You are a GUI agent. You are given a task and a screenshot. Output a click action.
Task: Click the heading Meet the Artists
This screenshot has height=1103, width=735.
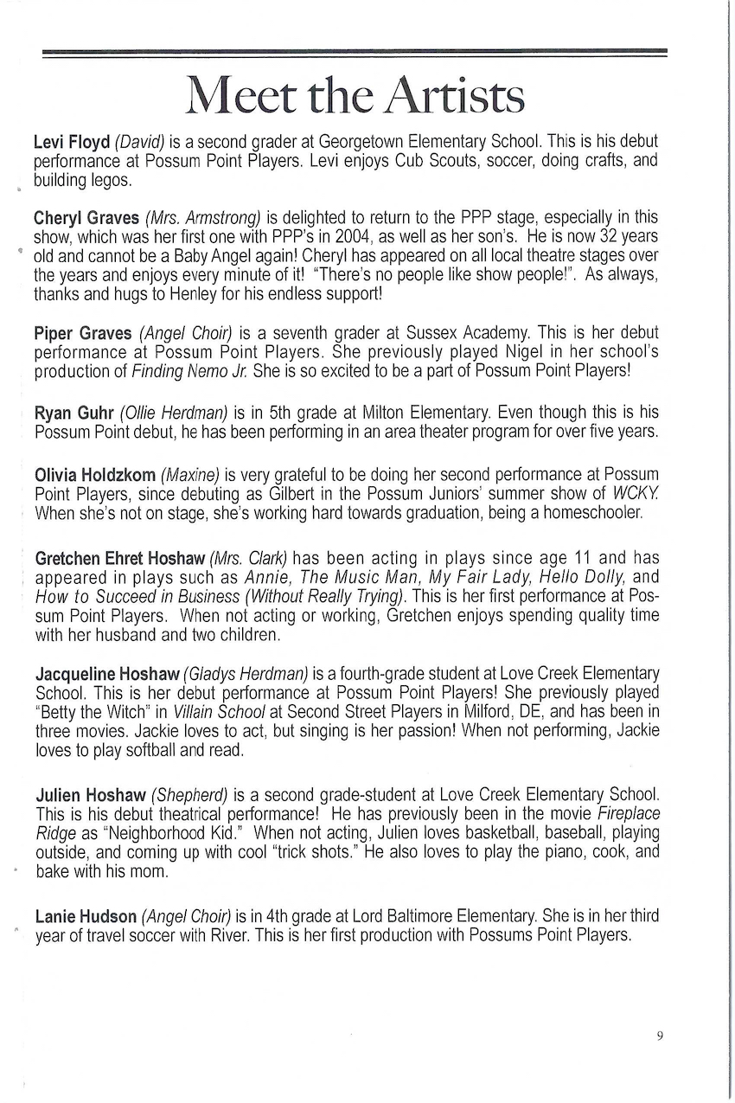(355, 96)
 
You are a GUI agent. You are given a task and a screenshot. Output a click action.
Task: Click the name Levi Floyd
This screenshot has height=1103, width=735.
(71, 141)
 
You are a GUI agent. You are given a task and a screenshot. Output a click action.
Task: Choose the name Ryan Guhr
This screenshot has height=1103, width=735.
(73, 413)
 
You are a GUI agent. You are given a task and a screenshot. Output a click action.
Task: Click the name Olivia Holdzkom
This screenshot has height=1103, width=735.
(95, 475)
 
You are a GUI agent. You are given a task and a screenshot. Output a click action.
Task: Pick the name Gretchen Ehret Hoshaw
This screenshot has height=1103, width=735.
(119, 558)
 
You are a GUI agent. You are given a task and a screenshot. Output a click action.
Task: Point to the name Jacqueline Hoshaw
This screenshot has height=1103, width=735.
(107, 674)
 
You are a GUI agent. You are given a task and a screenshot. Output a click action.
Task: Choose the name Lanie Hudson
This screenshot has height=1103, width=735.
(86, 915)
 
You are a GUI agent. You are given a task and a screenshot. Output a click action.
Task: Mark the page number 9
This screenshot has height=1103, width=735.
(659, 1036)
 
